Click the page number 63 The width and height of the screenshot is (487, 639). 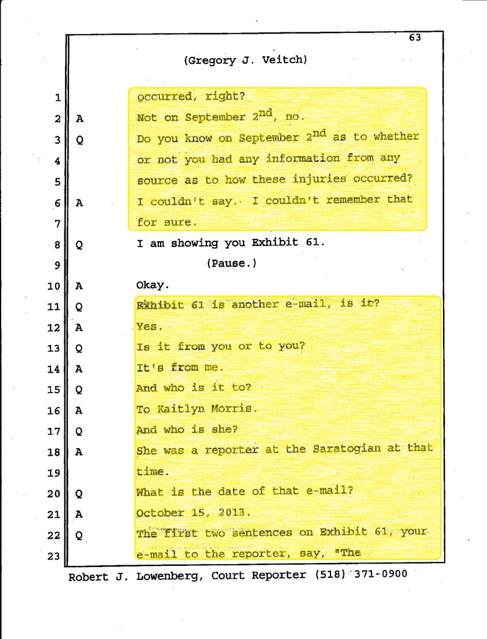coord(415,38)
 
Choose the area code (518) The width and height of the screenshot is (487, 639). coord(330,575)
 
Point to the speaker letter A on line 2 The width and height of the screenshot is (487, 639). coord(80,118)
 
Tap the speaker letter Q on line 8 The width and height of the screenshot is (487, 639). coord(80,245)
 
